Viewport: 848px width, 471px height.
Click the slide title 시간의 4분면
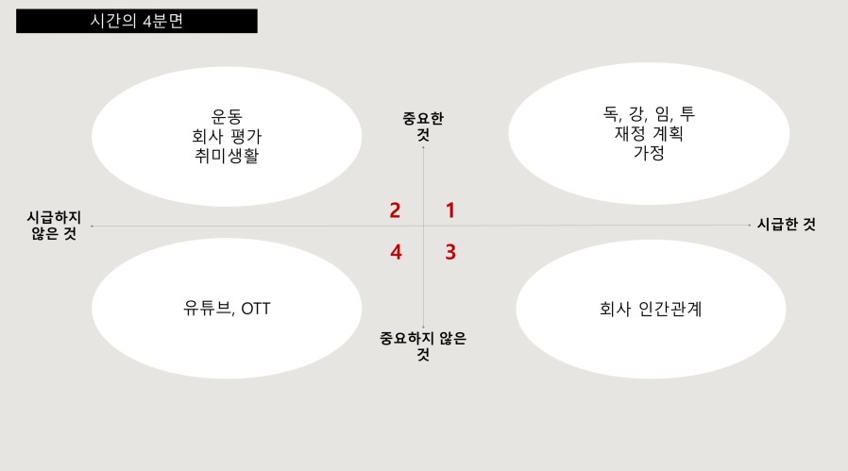136,21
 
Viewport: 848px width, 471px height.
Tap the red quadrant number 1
449,210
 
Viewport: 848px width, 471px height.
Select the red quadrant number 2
395,210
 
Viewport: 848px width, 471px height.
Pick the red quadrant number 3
450,252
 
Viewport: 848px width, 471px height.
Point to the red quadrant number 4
396,252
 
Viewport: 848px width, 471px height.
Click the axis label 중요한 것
423,126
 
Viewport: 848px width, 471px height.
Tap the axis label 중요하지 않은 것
423,346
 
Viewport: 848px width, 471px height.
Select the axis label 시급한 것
787,224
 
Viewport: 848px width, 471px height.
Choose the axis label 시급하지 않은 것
54,226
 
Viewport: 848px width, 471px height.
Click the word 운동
227,116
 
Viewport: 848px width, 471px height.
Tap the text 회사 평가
227,136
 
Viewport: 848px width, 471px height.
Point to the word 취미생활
227,155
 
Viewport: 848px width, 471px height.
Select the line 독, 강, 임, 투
649,113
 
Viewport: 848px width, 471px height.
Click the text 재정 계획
649,133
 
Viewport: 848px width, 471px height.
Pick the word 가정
649,153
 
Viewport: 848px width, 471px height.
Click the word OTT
255,309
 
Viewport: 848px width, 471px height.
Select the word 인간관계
670,309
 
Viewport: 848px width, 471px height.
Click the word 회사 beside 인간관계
615,309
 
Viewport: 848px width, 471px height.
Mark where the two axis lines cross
423,226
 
